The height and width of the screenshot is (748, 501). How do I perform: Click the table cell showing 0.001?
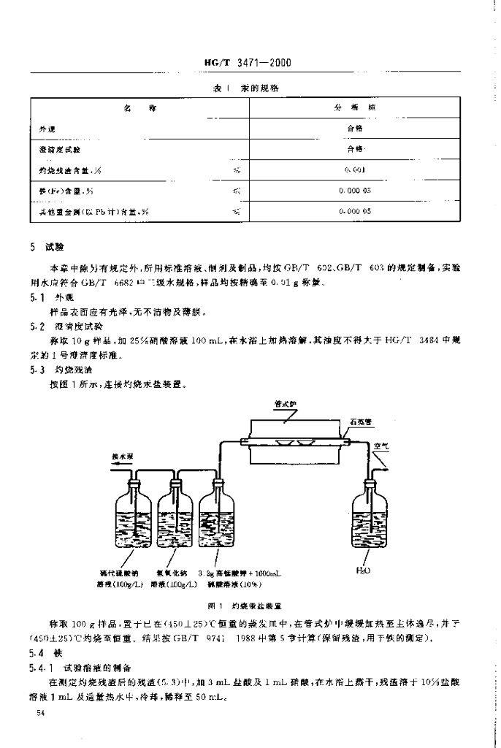356,169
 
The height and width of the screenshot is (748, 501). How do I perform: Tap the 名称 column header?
139,107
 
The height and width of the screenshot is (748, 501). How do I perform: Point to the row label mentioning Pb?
94,211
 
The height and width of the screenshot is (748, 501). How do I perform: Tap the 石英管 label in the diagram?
362,421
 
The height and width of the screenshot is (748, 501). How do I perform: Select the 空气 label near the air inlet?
380,446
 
